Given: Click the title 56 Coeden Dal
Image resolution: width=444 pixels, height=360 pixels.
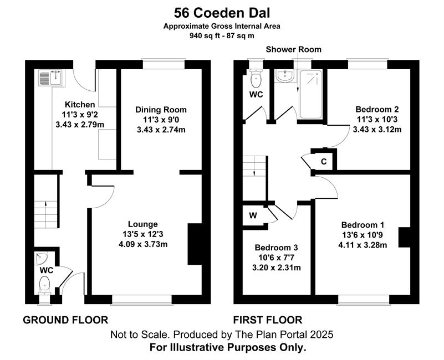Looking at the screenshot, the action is pyautogui.click(x=222, y=13).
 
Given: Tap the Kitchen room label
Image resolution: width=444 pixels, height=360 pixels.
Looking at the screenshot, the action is pyautogui.click(x=80, y=105).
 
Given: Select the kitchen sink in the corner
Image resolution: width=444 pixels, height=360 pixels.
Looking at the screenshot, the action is pyautogui.click(x=52, y=78).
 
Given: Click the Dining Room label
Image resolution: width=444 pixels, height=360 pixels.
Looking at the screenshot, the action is pyautogui.click(x=161, y=110).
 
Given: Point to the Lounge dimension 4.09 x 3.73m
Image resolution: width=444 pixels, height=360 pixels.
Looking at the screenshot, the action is pyautogui.click(x=143, y=244).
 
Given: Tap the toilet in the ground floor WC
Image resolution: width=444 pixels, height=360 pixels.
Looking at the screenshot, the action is pyautogui.click(x=44, y=285).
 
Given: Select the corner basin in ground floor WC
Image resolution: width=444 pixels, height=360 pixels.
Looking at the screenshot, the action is pyautogui.click(x=42, y=258).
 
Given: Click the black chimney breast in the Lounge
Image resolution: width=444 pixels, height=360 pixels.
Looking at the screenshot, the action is pyautogui.click(x=195, y=244).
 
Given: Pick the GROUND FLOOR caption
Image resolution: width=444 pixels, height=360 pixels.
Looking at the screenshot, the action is pyautogui.click(x=65, y=320).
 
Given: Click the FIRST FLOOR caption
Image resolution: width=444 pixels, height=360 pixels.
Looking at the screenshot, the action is pyautogui.click(x=268, y=320).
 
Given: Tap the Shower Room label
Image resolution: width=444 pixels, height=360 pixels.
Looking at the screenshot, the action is pyautogui.click(x=293, y=49).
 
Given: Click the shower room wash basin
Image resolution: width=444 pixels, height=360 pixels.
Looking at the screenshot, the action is pyautogui.click(x=285, y=76).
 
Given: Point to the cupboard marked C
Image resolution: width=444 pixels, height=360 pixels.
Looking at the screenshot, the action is pyautogui.click(x=324, y=161).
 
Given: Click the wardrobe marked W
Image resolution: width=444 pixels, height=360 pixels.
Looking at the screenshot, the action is pyautogui.click(x=253, y=215).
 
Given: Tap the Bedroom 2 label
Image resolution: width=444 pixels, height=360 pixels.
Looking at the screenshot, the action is pyautogui.click(x=377, y=109).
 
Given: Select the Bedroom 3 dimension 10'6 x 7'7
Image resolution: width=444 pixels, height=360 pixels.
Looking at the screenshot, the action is pyautogui.click(x=276, y=258).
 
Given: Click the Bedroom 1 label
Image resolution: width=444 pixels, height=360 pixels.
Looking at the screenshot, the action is pyautogui.click(x=363, y=225).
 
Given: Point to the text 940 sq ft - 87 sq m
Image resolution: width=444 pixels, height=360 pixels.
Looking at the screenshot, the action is pyautogui.click(x=222, y=36).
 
